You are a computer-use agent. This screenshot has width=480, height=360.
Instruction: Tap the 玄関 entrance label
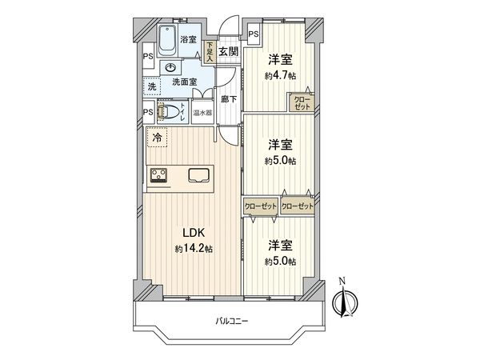click(228, 52)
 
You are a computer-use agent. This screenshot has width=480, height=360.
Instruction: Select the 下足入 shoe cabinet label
click(209, 53)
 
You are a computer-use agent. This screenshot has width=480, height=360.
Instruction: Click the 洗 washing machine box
click(151, 86)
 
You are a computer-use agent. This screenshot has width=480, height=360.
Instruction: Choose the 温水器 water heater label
click(202, 114)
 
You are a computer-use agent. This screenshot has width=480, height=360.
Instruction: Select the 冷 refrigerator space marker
click(156, 138)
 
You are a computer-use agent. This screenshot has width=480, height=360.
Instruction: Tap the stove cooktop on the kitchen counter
click(158, 176)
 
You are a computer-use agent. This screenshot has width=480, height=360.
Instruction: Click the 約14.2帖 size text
click(194, 249)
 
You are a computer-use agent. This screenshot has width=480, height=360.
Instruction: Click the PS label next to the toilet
click(148, 113)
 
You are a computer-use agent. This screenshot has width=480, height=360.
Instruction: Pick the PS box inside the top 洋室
click(253, 34)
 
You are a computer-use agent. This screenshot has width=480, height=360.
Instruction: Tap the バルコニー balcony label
click(232, 322)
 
